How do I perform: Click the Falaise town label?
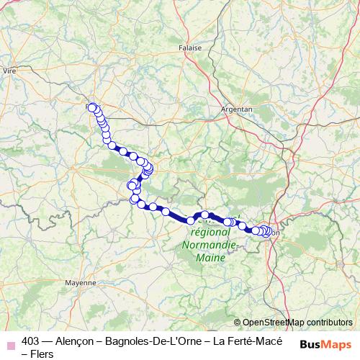click(189, 49)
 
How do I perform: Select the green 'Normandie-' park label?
click(210, 244)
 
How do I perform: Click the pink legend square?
click(10, 342)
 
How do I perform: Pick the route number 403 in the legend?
click(32, 341)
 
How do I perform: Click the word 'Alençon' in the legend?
click(76, 341)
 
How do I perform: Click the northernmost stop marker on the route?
click(91, 107)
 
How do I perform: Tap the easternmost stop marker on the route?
click(269, 231)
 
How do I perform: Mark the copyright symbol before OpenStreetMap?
click(238, 323)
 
